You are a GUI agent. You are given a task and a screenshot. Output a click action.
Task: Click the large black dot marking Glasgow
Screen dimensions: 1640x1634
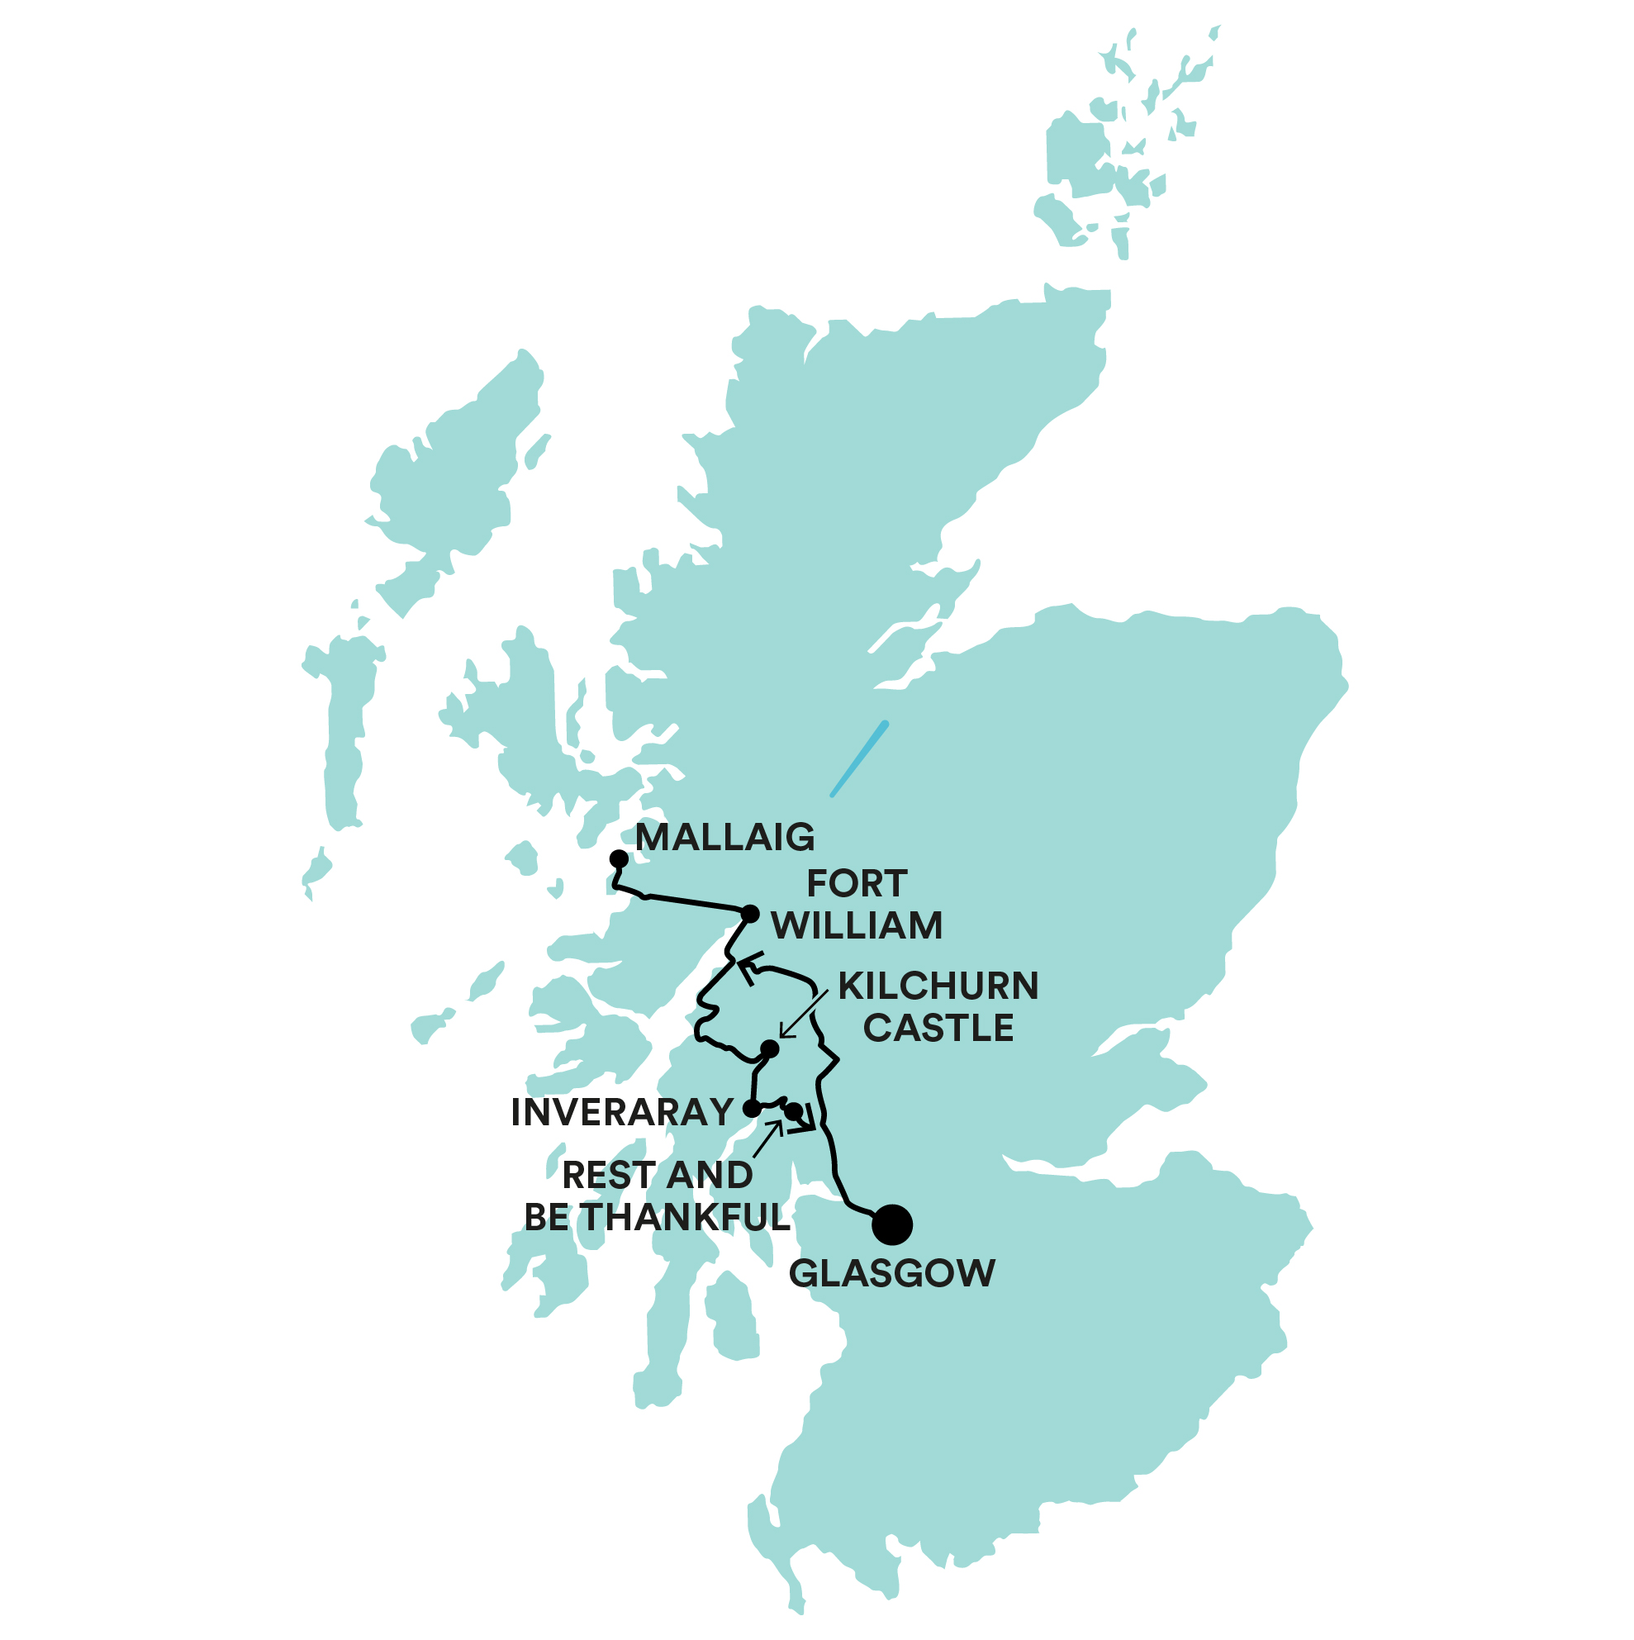coord(891,1224)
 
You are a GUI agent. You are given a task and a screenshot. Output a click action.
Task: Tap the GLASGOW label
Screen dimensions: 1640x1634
coord(891,1273)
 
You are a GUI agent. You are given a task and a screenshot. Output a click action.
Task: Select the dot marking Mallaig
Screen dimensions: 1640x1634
coord(619,859)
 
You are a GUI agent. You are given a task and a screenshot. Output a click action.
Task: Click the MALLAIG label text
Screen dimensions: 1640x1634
coord(725,838)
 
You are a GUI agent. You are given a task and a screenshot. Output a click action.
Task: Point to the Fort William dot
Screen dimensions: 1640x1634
coord(750,915)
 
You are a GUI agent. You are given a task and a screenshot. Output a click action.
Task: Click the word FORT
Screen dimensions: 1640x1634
coord(857,884)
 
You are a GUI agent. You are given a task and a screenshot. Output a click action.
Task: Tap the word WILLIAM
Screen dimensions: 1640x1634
coord(857,925)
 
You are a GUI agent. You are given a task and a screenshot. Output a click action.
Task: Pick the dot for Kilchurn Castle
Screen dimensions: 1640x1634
coord(769,1049)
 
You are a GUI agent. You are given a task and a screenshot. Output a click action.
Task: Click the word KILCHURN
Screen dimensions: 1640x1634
coord(938,986)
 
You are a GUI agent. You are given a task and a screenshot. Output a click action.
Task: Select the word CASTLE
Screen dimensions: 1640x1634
coord(938,1028)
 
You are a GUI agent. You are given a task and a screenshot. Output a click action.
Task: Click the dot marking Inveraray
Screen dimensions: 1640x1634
coord(752,1109)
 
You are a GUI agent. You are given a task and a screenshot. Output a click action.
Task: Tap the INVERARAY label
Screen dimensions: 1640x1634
coord(622,1112)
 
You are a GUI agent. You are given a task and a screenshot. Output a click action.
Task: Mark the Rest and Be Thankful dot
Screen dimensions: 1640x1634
coord(793,1111)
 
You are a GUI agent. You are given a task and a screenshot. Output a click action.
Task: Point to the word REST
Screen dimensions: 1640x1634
coord(610,1176)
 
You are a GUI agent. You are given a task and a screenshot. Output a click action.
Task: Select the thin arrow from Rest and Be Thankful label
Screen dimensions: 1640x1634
coord(767,1139)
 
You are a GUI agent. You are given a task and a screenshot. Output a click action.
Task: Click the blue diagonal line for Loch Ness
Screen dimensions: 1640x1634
coord(859,759)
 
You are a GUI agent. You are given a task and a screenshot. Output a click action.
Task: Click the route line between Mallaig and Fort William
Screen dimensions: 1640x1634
coord(687,900)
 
